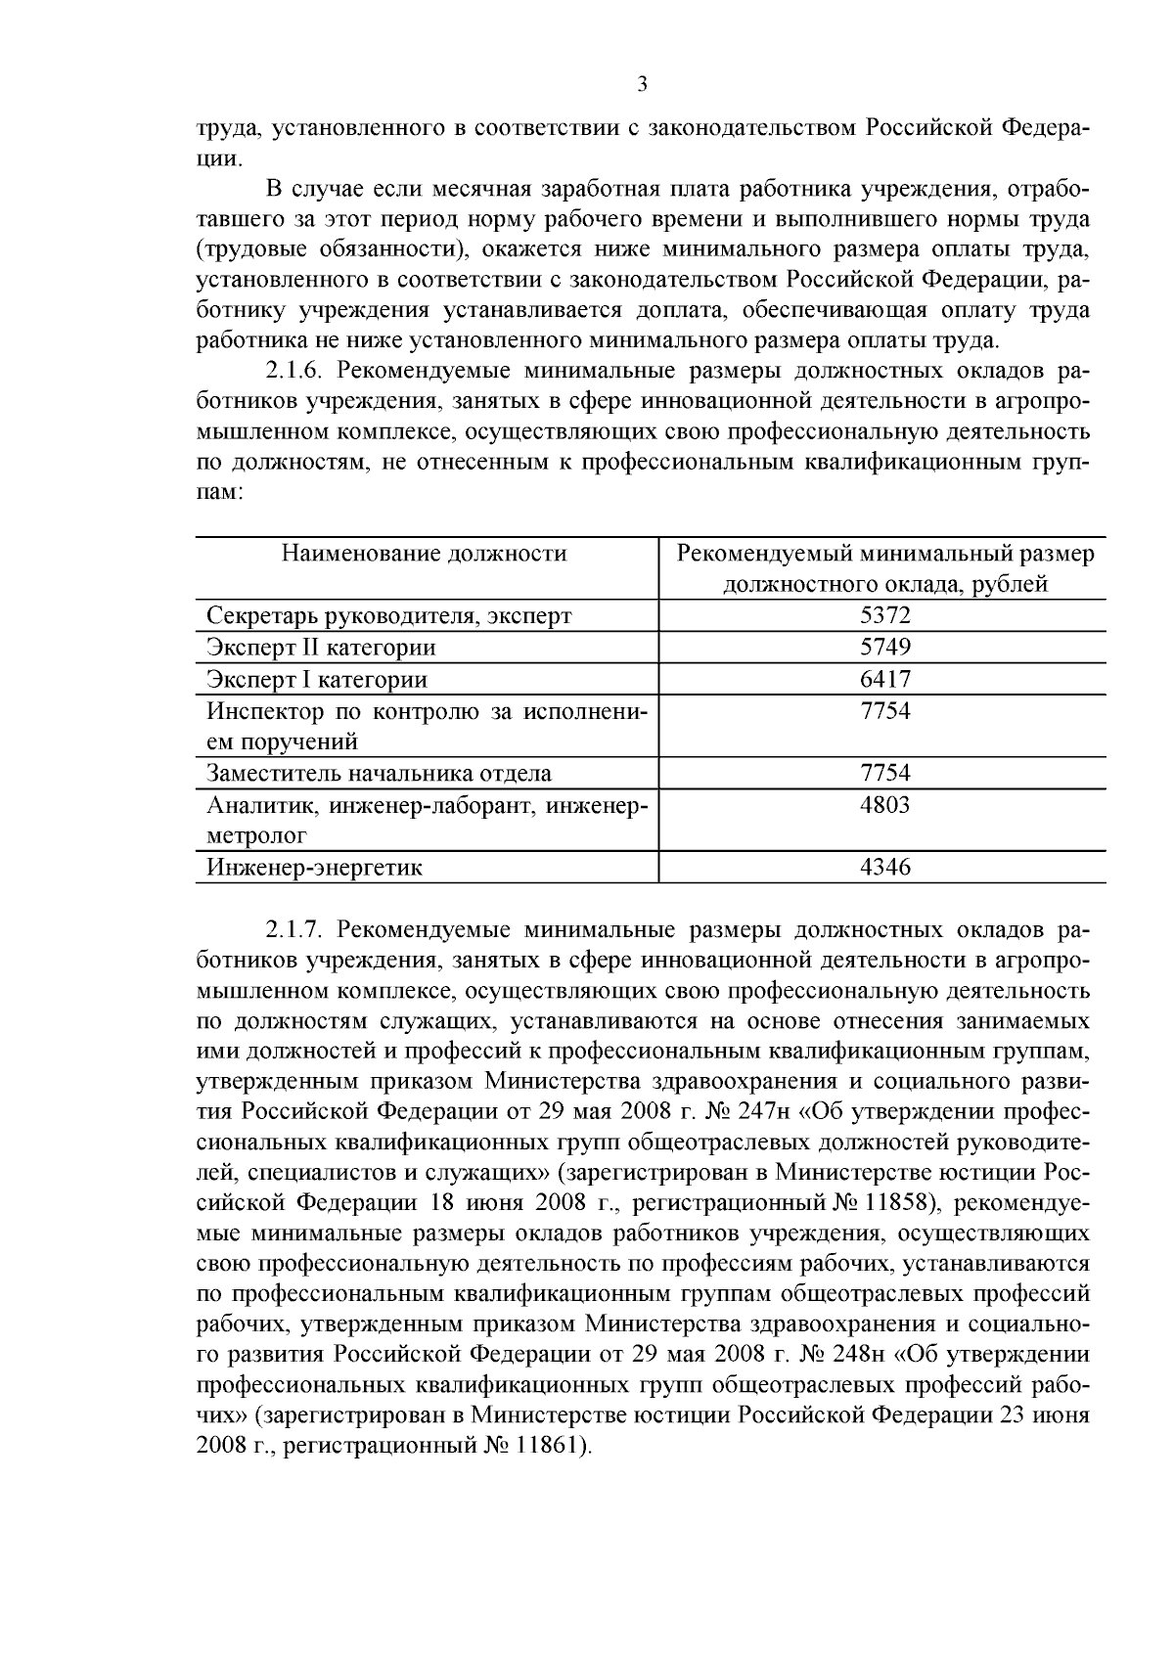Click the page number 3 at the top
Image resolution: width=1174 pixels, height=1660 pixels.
642,85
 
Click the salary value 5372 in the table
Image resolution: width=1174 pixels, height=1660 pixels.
884,615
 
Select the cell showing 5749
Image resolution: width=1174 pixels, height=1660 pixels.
884,647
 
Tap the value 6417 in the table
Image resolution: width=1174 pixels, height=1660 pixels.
884,679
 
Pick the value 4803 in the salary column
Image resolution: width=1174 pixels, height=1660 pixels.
884,805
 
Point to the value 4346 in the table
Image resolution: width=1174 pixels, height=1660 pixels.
884,868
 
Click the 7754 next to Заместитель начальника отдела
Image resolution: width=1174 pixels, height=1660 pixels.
884,773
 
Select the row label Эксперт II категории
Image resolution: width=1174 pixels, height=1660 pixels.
321,648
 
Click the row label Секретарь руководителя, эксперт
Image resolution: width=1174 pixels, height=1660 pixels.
388,616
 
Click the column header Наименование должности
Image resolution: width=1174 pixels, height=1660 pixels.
424,554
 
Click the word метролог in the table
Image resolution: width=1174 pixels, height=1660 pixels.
256,836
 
